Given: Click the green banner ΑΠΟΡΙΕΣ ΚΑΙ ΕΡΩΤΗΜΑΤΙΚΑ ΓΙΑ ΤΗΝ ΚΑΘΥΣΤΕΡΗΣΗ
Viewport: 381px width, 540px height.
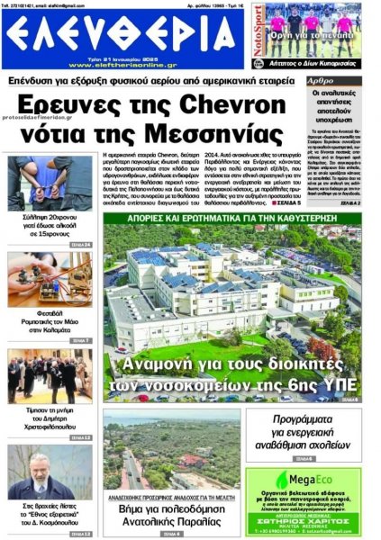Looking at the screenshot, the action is pyautogui.click(x=232, y=218).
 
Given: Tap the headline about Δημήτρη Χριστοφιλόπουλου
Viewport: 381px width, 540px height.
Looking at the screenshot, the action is pyautogui.click(x=50, y=418).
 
